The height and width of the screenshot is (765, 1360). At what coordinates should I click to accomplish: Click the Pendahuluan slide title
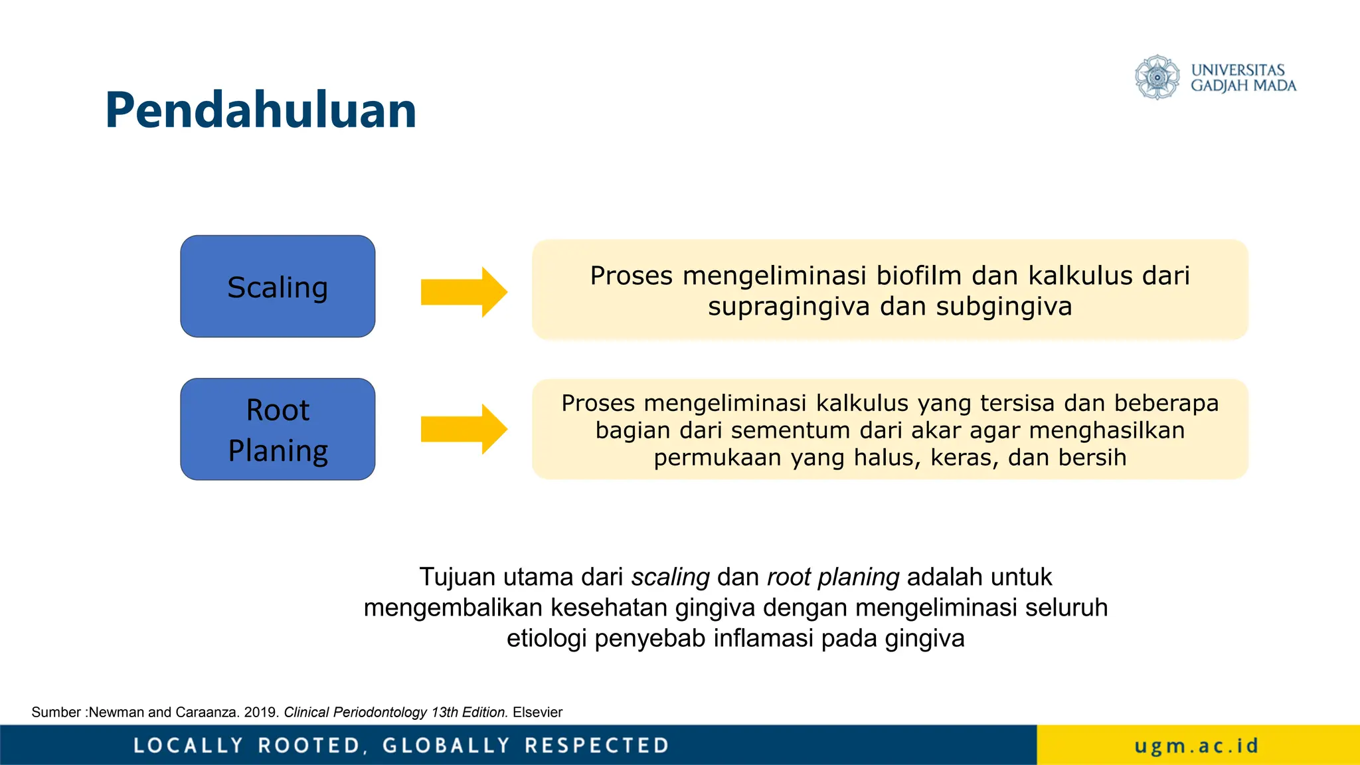click(x=260, y=110)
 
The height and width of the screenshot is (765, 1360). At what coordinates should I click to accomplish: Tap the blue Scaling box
click(x=278, y=286)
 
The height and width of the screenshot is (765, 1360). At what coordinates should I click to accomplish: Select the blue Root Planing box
click(x=278, y=430)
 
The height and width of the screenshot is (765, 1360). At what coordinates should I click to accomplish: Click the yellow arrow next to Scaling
click(x=464, y=292)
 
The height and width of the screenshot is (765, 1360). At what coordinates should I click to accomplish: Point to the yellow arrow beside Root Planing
click(x=464, y=429)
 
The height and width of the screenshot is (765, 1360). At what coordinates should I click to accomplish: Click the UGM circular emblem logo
click(x=1157, y=78)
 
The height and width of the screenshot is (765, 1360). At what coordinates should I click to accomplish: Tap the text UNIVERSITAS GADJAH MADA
click(x=1242, y=78)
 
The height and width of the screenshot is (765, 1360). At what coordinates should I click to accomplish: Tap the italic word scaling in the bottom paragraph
click(x=670, y=577)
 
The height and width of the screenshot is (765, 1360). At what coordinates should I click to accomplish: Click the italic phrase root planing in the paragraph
click(x=833, y=577)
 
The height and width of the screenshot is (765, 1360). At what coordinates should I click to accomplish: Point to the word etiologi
click(x=547, y=638)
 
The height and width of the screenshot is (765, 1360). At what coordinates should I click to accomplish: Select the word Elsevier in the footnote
click(x=537, y=713)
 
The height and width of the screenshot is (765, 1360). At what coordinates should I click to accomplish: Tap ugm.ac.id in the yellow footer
click(x=1197, y=746)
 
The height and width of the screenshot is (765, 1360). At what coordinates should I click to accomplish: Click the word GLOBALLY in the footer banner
click(x=446, y=746)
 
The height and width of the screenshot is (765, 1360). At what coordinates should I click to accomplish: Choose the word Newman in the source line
click(x=116, y=713)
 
